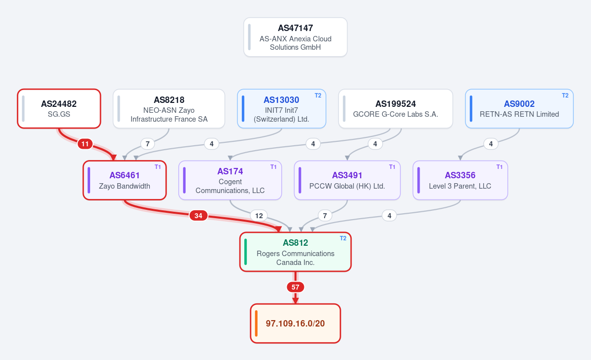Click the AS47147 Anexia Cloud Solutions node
[295, 37]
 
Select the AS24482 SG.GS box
[59, 109]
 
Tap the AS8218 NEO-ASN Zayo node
[169, 109]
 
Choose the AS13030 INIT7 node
[282, 109]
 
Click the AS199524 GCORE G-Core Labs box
[395, 109]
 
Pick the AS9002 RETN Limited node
[519, 109]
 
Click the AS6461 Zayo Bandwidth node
[125, 180]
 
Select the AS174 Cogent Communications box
[230, 180]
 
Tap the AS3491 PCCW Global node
[347, 180]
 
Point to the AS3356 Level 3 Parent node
[460, 180]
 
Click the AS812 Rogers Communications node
[295, 252]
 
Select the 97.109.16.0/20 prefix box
[295, 324]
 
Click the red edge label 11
[85, 144]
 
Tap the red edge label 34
[198, 216]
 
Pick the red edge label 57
[295, 287]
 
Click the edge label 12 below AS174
[259, 216]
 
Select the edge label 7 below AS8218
[147, 144]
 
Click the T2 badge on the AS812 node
[343, 238]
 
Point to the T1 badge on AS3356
[499, 167]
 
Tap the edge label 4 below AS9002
[491, 144]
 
